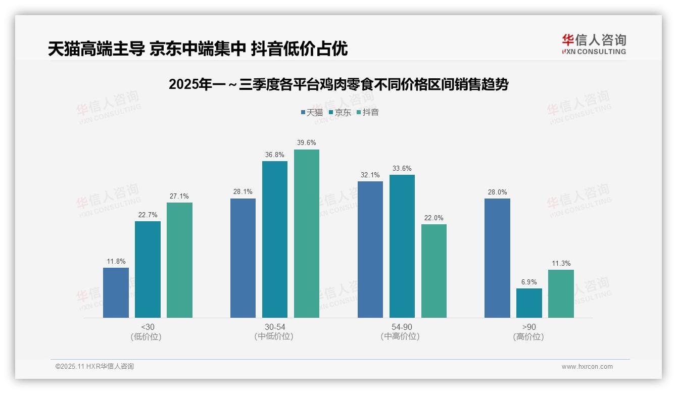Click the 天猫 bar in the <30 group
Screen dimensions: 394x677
tap(116, 292)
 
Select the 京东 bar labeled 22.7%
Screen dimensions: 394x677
tap(148, 269)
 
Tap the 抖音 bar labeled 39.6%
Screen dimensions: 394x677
tap(307, 233)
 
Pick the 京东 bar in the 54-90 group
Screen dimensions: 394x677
tap(402, 246)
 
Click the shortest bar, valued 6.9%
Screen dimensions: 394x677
tap(529, 303)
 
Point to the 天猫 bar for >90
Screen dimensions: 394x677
tap(497, 258)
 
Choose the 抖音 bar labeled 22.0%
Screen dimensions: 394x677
tap(434, 271)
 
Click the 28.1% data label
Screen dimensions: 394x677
tap(243, 192)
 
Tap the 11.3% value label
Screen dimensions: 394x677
tap(561, 263)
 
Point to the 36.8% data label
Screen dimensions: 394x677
tap(275, 155)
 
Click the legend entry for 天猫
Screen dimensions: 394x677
tap(311, 112)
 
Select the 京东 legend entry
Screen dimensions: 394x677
tap(340, 112)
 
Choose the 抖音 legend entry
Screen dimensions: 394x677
tap(367, 112)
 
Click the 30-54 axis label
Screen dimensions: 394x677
tap(275, 327)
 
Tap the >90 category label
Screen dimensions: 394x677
tap(529, 327)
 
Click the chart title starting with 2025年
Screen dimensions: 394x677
tap(338, 84)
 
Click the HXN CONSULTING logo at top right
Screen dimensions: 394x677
tap(594, 44)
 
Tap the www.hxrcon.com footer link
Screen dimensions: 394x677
tap(587, 367)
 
